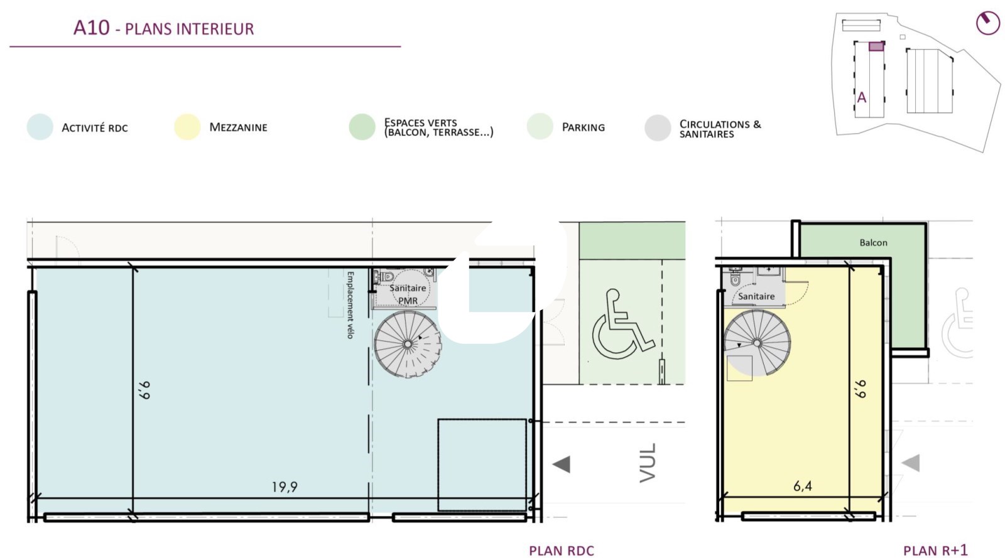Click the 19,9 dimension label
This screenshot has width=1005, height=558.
click(285, 486)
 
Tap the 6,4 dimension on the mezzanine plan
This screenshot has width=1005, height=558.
click(802, 486)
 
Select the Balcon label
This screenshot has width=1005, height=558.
click(873, 242)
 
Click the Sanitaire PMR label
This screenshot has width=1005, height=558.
click(408, 294)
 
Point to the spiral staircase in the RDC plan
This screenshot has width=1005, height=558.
click(408, 344)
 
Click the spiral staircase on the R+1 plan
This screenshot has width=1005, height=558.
click(757, 343)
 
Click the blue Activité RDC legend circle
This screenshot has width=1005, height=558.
click(40, 127)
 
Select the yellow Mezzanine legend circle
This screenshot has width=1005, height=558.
click(187, 127)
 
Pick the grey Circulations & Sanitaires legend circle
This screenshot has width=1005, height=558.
click(658, 128)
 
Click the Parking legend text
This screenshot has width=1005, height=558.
click(584, 127)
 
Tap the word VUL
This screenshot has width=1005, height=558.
click(648, 463)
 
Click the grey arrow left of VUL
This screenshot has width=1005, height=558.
click(562, 464)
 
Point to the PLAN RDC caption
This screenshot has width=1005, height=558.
click(562, 551)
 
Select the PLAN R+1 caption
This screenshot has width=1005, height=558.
click(935, 550)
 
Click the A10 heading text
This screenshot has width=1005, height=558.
click(92, 28)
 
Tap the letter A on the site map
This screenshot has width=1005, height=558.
click(861, 97)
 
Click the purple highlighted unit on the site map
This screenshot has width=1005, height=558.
click(876, 46)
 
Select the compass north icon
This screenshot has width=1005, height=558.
click(987, 23)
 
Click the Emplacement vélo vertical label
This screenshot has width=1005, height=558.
click(350, 305)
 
